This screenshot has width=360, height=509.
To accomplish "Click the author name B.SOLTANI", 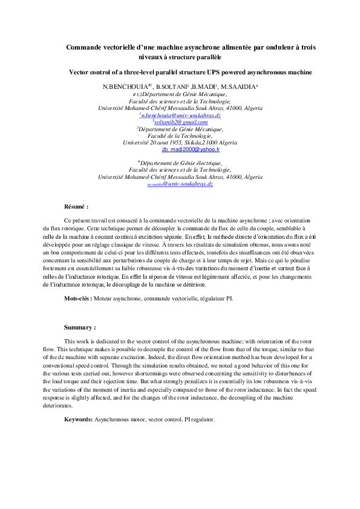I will tap(171, 88).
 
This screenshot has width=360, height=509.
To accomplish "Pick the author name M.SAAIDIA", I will tap(238, 88).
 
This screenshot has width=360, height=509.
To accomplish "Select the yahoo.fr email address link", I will tap(182, 148).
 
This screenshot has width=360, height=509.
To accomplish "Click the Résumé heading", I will tap(76, 207).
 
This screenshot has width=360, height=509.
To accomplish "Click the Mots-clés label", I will tap(78, 299).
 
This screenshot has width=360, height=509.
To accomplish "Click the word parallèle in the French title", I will tap(202, 57).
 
